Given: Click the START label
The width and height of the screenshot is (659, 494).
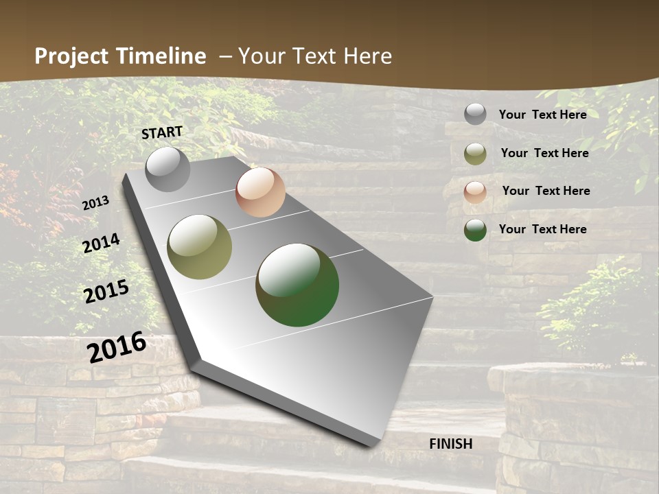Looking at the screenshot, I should click(x=162, y=132).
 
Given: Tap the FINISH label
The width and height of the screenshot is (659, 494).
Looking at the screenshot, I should click(x=450, y=444).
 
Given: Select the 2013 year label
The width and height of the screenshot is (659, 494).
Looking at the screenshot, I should click(x=95, y=203).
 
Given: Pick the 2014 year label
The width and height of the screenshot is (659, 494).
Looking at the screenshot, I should click(x=101, y=244).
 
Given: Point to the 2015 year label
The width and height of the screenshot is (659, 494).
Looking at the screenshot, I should click(x=106, y=292).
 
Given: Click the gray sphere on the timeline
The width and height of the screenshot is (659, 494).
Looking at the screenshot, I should click(x=167, y=169).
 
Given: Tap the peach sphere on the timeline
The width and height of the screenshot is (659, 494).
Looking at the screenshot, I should click(x=260, y=192).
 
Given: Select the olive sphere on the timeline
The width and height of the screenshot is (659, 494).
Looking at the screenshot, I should click(x=200, y=247).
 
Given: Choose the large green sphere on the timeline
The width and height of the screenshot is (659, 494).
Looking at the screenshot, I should click(x=297, y=285).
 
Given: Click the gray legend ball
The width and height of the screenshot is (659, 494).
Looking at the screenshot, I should click(x=475, y=114).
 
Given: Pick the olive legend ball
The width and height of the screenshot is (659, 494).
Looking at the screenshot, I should click(x=475, y=154).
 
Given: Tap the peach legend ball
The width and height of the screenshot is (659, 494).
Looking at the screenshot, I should click(x=475, y=191).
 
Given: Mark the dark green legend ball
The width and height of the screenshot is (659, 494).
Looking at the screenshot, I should click(x=475, y=230).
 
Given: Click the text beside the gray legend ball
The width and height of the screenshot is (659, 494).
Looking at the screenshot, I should click(x=542, y=115).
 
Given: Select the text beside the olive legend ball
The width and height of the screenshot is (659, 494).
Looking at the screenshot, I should click(x=544, y=153).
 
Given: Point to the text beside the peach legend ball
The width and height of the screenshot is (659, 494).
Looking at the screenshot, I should click(x=546, y=191).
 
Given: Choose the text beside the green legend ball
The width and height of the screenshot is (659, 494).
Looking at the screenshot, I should click(x=542, y=229).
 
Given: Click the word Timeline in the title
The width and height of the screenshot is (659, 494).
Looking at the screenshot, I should click(x=161, y=56).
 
